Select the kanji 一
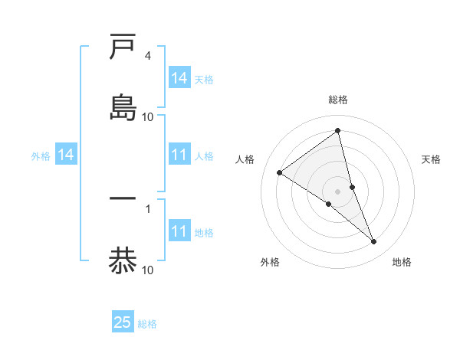(x=123, y=198)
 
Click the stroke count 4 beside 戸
(x=147, y=56)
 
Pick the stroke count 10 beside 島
(x=148, y=116)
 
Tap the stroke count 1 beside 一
(x=147, y=208)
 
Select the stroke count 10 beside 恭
(x=148, y=270)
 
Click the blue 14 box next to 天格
(x=179, y=78)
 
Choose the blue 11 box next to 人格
(x=179, y=155)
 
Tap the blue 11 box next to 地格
(x=179, y=231)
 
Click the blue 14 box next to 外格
(x=66, y=155)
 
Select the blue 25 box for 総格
(x=123, y=322)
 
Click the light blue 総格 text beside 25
(x=147, y=324)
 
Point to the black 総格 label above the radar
(x=338, y=100)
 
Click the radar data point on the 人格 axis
(x=280, y=172)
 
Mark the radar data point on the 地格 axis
(x=374, y=242)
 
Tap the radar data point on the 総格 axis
(x=338, y=130)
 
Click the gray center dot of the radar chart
(x=338, y=191)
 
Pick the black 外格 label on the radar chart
(x=270, y=263)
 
